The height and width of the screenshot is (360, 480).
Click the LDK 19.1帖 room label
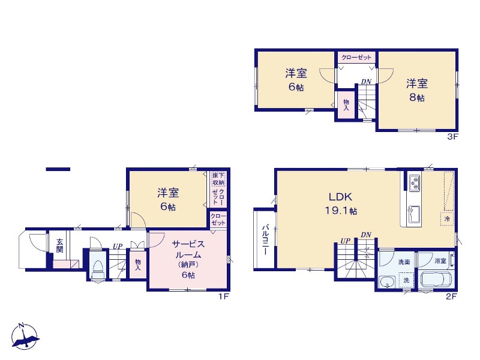click(341, 203)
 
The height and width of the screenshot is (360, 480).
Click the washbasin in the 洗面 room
click(386, 281)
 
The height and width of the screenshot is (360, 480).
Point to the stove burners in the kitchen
click(414, 182)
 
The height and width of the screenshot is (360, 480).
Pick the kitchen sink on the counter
click(413, 215)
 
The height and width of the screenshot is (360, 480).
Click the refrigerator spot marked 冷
click(447, 219)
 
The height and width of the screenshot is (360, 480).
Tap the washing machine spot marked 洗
click(406, 280)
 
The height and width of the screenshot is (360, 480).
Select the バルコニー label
click(265, 240)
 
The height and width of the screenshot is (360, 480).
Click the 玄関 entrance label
click(59, 245)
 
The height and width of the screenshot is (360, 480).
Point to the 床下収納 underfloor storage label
click(218, 179)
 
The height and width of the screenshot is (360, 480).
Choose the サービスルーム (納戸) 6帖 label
click(188, 259)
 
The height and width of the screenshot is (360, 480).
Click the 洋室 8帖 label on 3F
click(417, 90)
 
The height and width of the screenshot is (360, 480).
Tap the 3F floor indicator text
click(453, 137)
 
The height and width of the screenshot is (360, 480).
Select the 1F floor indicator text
click(224, 296)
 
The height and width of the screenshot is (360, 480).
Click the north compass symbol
click(25, 336)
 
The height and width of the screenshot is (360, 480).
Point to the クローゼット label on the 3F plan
click(356, 57)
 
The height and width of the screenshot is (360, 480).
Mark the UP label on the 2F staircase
click(346, 241)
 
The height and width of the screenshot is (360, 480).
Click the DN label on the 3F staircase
click(366, 82)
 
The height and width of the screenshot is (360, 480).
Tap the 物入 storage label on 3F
click(346, 104)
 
